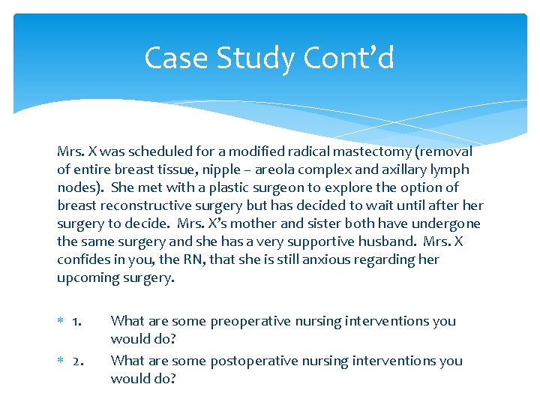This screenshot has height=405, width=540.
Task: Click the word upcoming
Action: click(x=86, y=277)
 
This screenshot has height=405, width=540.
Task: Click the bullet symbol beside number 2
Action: click(x=61, y=361)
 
